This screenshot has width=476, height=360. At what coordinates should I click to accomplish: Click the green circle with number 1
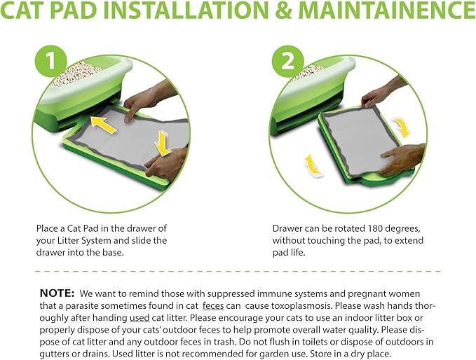50,61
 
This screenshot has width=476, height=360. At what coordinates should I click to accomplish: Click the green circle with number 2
288,62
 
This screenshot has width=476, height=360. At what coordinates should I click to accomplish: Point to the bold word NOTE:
57,293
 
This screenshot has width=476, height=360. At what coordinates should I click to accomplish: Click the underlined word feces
213,305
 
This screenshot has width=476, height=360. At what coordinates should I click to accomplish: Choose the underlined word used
140,317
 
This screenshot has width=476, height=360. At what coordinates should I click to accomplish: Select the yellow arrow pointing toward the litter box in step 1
104,124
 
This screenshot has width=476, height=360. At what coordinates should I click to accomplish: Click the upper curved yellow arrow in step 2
402,127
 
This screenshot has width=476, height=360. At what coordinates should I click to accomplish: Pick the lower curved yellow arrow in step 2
313,165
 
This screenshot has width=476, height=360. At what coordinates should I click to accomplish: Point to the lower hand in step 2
401,158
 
